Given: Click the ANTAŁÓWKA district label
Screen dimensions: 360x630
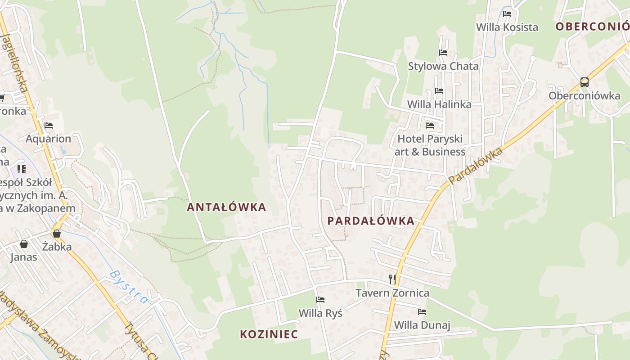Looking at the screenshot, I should [x=226, y=207].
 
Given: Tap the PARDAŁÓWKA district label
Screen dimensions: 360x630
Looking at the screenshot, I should [x=371, y=221].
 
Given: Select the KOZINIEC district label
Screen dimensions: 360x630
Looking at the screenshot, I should [x=269, y=334].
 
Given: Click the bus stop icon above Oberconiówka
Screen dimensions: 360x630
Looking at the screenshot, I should [x=584, y=82].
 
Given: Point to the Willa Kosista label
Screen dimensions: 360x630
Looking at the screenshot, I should [x=507, y=27].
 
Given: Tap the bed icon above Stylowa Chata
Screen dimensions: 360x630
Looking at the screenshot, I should [x=443, y=53].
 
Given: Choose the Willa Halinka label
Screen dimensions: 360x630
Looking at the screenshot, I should [x=439, y=104].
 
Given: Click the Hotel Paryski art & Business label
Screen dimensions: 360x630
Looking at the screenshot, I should [x=430, y=145].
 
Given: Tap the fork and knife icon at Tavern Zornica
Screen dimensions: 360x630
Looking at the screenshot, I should [x=392, y=279].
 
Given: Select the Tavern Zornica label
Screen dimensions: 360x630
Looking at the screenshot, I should [x=392, y=293].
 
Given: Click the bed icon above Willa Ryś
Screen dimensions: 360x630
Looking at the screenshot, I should [x=320, y=300].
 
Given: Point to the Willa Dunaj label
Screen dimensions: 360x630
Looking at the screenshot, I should [x=422, y=325].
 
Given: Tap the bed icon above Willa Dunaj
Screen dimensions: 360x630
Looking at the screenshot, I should [x=422, y=311].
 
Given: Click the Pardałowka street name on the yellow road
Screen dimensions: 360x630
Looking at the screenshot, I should [x=475, y=166].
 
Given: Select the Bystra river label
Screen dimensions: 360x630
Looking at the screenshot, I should [x=128, y=286].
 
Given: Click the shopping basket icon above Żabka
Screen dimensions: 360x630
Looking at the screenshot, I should [x=57, y=234].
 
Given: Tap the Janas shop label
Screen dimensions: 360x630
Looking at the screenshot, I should [x=24, y=257].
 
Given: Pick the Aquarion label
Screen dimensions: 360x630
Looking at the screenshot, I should [x=48, y=139].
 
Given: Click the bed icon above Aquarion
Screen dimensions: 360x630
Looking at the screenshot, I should [x=49, y=126].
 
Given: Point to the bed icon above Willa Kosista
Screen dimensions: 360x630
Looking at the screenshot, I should [x=507, y=14].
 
